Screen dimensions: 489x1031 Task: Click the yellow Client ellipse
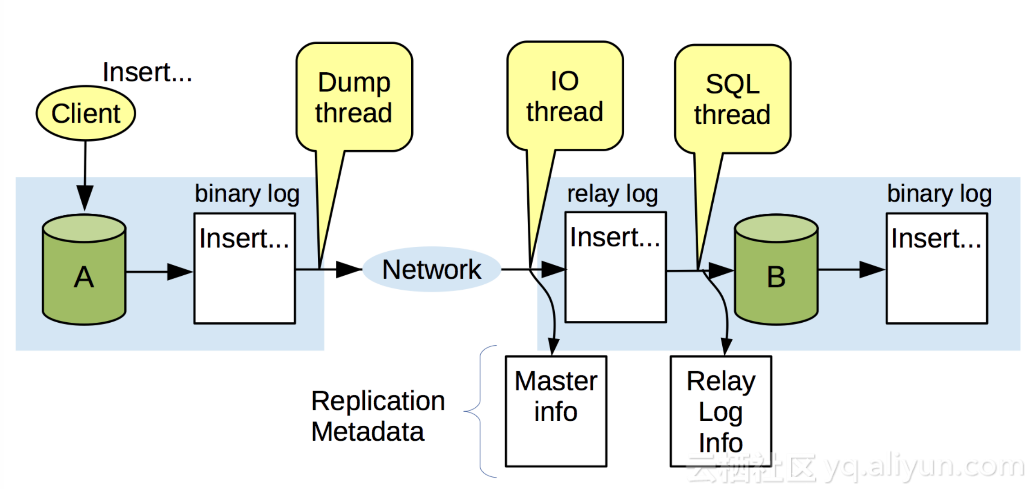(x=86, y=113)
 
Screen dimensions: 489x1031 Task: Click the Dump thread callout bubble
(x=354, y=97)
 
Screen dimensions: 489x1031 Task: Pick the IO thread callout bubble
(x=565, y=96)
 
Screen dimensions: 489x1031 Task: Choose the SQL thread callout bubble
(x=732, y=99)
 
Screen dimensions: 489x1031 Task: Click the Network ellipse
(x=432, y=269)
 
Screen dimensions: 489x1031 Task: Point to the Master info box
(x=556, y=411)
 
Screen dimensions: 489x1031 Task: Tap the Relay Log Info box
(x=720, y=411)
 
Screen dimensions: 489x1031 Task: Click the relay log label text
(x=612, y=194)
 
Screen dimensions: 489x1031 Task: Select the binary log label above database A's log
(x=247, y=194)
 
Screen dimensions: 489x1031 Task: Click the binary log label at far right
(x=939, y=194)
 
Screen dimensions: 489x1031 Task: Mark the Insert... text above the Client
(x=147, y=72)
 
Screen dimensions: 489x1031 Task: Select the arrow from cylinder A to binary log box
(x=158, y=272)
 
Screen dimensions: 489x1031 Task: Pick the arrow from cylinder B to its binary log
(x=851, y=270)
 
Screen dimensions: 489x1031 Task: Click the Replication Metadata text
(x=377, y=416)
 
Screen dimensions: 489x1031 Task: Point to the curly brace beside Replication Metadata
(x=479, y=411)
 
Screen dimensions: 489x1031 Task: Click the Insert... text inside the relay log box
(x=614, y=237)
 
